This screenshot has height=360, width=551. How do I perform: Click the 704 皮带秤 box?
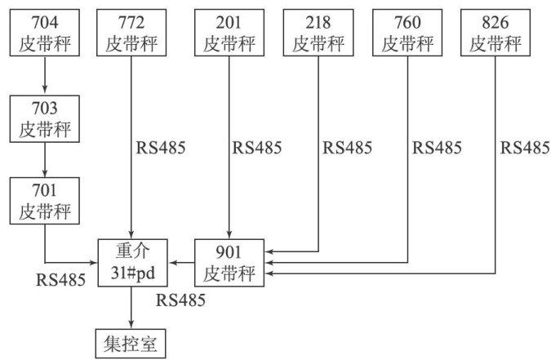[x=44, y=33]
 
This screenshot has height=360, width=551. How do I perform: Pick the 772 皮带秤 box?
[x=131, y=33]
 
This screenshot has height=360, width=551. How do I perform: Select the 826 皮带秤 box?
[x=495, y=33]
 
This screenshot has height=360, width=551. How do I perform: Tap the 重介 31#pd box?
[x=131, y=262]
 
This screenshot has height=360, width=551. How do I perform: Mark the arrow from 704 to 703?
[x=44, y=75]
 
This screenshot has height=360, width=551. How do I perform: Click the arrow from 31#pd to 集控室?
[x=131, y=305]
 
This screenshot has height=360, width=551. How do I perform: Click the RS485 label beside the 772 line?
[x=162, y=149]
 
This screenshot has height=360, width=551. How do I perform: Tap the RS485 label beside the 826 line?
[x=523, y=149]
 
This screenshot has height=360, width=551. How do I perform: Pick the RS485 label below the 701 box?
[x=61, y=279]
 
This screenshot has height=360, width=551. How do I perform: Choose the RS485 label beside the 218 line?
[x=347, y=149]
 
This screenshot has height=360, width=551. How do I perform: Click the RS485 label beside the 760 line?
[x=436, y=149]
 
